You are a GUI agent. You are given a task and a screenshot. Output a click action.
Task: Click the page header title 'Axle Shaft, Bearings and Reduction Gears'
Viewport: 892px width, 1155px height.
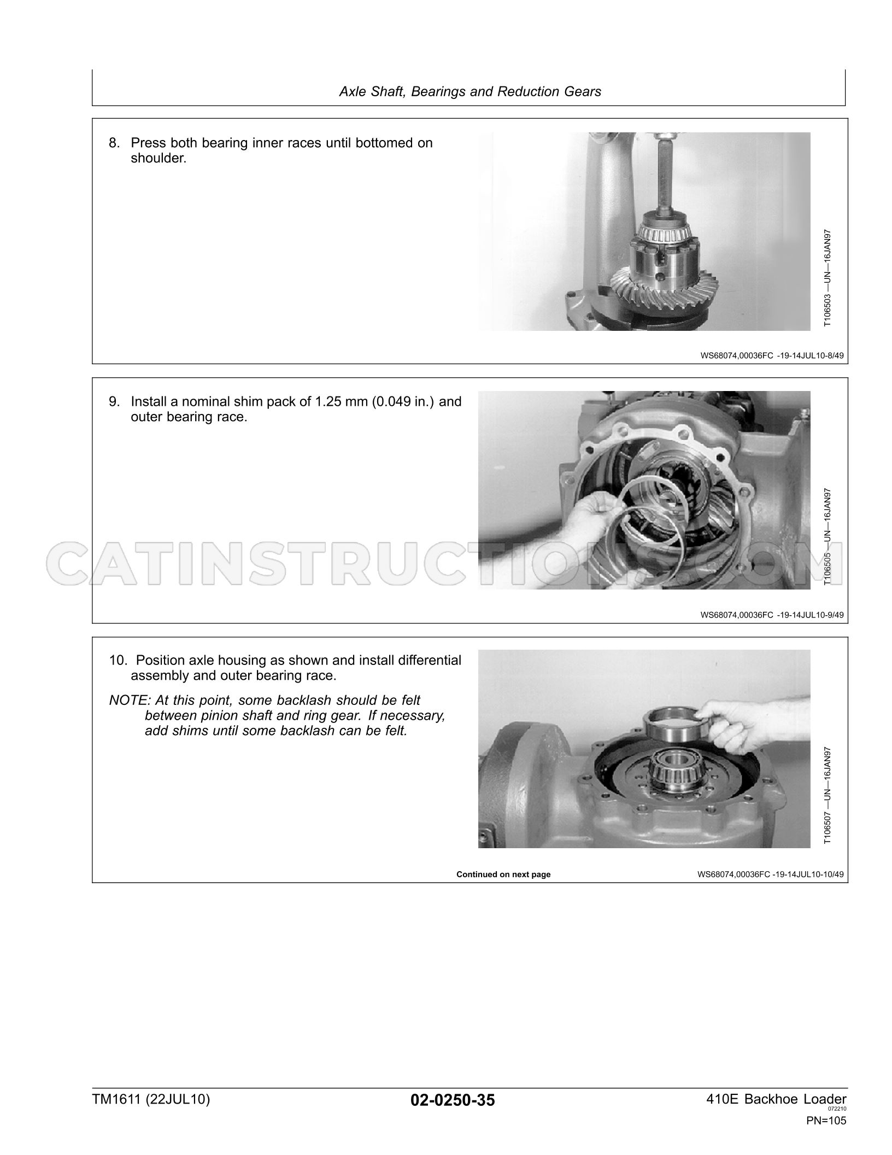click(470, 91)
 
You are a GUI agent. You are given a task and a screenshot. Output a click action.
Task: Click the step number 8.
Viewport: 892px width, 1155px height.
click(114, 143)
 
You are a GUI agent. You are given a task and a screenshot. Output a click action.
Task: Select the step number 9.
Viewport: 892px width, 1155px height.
click(114, 402)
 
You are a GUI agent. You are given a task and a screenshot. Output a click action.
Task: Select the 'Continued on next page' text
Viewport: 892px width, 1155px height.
click(503, 874)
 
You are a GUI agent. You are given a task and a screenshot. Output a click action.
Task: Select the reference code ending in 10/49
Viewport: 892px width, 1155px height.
click(770, 874)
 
